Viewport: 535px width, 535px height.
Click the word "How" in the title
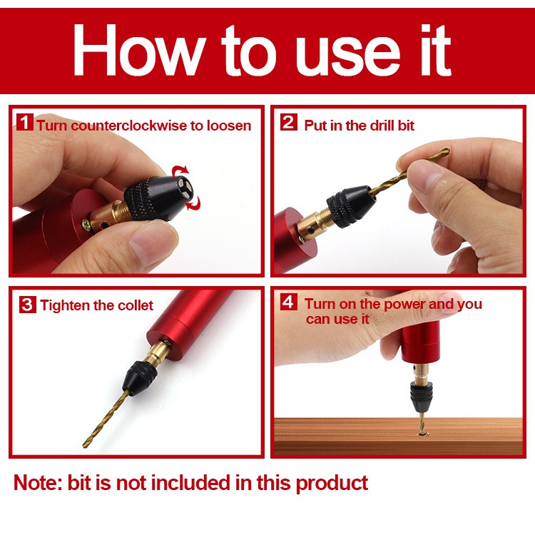point(139,49)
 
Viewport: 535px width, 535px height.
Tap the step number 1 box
point(25,122)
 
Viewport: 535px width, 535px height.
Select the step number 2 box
point(289,122)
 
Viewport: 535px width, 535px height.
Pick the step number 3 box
point(27,304)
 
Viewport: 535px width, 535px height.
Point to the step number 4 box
point(289,302)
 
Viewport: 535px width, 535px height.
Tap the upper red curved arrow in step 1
point(180,170)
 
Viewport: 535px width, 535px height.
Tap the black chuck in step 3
point(140,378)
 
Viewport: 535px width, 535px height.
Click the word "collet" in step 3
point(136,305)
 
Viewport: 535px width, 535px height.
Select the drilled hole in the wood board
point(423,434)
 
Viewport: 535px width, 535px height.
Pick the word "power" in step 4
point(404,305)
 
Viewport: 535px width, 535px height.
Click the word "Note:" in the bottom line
point(38,483)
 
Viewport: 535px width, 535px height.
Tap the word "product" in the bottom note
point(332,484)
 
